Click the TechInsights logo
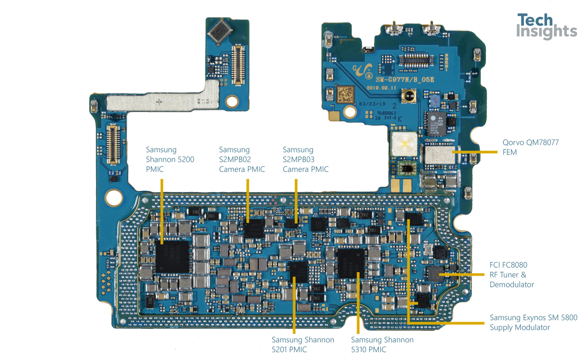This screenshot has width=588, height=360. pyautogui.click(x=546, y=26)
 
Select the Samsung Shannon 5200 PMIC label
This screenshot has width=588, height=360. pyautogui.click(x=170, y=159)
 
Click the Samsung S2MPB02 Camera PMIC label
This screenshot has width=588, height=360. pyautogui.click(x=241, y=159)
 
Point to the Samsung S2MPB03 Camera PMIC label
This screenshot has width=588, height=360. pyautogui.click(x=305, y=159)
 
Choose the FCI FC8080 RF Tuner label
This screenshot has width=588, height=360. pyautogui.click(x=511, y=275)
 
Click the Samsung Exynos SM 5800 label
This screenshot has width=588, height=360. pyautogui.click(x=533, y=322)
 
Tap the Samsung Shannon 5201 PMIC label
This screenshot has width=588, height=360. pyautogui.click(x=302, y=345)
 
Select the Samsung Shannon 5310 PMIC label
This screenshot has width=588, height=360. pyautogui.click(x=382, y=345)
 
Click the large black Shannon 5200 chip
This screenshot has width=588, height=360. pyautogui.click(x=172, y=257)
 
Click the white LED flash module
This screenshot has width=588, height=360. pyautogui.click(x=404, y=144)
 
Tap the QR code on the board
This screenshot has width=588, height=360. pyautogui.click(x=345, y=94)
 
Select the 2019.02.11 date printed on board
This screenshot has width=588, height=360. pyautogui.click(x=381, y=88)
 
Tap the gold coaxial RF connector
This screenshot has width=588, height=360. pyautogui.click(x=409, y=96)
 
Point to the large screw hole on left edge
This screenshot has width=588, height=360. pyautogui.click(x=114, y=198)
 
